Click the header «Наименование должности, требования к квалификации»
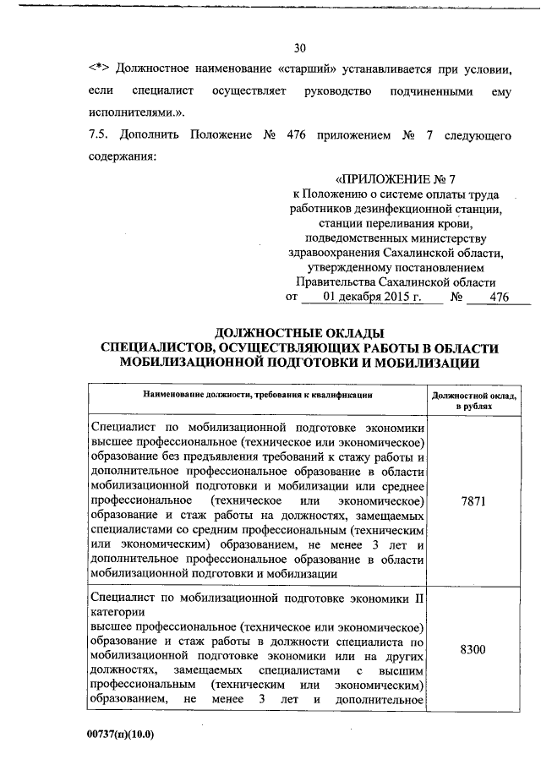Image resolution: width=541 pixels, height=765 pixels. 258,395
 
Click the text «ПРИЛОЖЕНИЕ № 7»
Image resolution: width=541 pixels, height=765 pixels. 396,181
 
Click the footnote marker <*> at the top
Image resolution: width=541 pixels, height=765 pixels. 98,68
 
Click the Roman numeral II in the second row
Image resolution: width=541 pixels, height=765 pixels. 418,598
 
